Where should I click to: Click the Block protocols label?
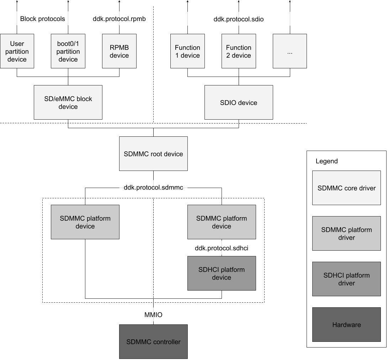[43, 19]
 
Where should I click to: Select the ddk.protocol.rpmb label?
[119, 19]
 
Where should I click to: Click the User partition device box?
[17, 51]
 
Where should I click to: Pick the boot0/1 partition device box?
[68, 51]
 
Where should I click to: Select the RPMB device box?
[119, 51]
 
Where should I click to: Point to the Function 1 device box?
[187, 51]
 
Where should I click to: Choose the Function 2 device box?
[239, 51]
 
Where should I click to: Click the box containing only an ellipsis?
[290, 51]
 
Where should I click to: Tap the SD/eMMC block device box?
[68, 103]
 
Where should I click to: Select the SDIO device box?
[239, 103]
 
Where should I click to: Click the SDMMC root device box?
[153, 154]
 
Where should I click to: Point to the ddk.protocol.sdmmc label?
[153, 187]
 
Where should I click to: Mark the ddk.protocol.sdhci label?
[222, 248]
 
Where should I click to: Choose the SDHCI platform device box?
[222, 273]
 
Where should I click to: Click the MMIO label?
[153, 315]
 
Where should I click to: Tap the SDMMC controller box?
[153, 342]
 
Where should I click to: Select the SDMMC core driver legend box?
[346, 188]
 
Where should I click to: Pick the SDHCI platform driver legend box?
[346, 279]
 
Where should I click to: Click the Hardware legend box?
[346, 325]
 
